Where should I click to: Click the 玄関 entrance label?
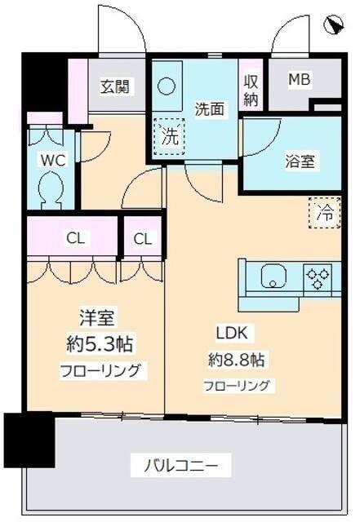pos(112,85)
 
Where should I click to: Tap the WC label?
pos(53,160)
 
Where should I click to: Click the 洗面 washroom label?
pos(209,108)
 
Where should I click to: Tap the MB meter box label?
pos(299,79)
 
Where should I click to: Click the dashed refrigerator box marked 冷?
pos(324,214)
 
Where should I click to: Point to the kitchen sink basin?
pos(274,277)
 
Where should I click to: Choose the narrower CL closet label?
pos(143,239)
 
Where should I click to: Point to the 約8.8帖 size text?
pos(238,359)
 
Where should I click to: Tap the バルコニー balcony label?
pos(181,467)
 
